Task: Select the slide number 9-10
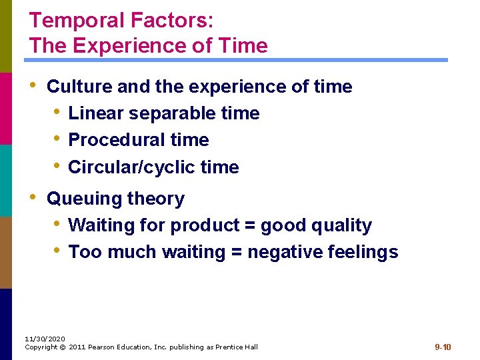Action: (x=443, y=347)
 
